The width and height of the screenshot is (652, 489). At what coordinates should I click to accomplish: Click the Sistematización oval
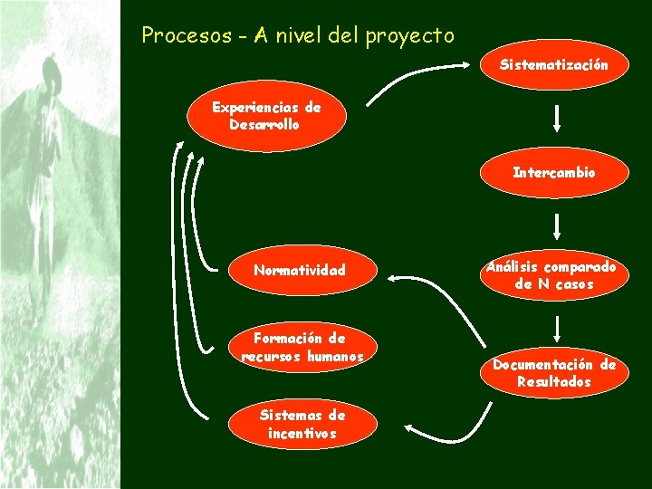click(555, 65)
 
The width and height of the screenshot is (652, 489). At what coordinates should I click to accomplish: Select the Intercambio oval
click(554, 172)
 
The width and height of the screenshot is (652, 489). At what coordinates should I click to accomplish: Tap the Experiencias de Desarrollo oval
click(266, 116)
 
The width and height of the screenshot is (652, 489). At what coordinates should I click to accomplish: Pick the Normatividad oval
click(300, 270)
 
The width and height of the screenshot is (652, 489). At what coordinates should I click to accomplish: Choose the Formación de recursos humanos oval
click(302, 348)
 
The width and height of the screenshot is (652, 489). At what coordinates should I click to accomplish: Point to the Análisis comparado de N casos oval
click(551, 276)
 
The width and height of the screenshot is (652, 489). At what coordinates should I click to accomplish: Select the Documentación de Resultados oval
click(554, 373)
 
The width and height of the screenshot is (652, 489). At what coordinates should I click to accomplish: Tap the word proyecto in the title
click(410, 36)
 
